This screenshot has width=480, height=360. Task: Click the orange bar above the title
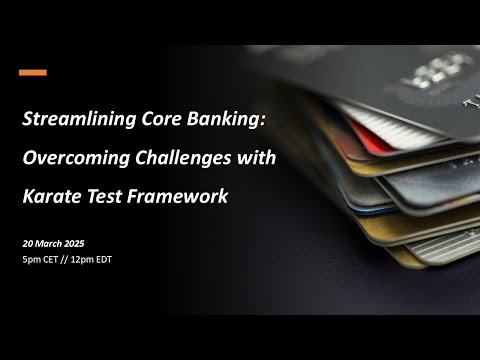click(33, 72)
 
